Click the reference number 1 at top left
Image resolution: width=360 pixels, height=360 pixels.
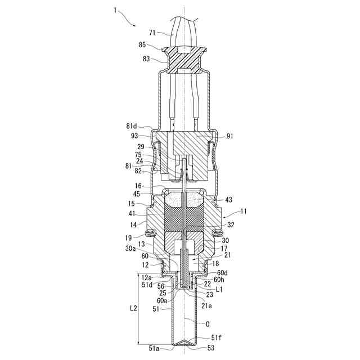pyautogui.click(x=115, y=10)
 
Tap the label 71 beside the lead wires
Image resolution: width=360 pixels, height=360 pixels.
pyautogui.click(x=152, y=33)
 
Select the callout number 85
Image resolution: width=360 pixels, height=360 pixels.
pyautogui.click(x=142, y=44)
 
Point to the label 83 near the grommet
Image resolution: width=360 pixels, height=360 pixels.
pyautogui.click(x=146, y=59)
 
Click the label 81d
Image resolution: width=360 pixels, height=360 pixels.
pyautogui.click(x=132, y=126)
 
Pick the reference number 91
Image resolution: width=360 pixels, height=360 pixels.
pyautogui.click(x=229, y=136)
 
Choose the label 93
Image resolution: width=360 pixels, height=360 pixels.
pyautogui.click(x=134, y=136)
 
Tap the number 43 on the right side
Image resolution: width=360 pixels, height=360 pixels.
pyautogui.click(x=229, y=200)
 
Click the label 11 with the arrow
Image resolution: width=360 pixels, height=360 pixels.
pyautogui.click(x=243, y=211)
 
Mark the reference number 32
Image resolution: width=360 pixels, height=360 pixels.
pyautogui.click(x=231, y=225)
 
